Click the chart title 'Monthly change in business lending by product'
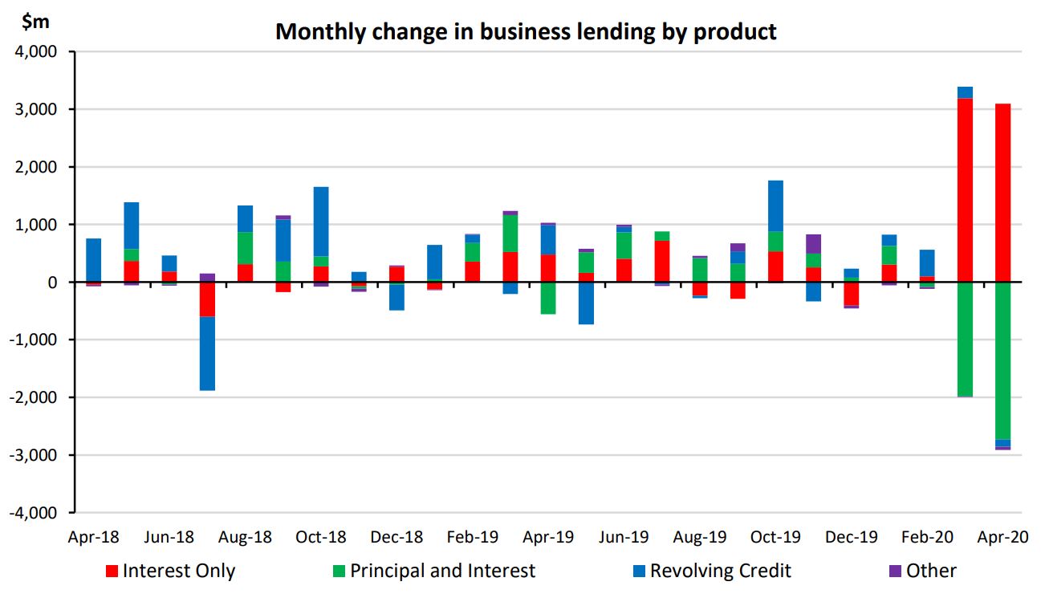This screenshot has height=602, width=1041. point(526,31)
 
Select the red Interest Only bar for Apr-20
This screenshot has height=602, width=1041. point(1002,193)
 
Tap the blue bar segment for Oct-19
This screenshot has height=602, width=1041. point(775,206)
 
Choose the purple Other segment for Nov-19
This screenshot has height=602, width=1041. point(813,244)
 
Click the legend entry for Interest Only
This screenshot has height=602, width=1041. point(170,571)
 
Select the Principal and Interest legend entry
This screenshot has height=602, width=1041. point(433,571)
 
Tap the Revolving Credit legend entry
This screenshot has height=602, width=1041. point(711,571)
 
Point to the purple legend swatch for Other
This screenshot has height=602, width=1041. point(896,571)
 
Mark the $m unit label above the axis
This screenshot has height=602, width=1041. point(35,22)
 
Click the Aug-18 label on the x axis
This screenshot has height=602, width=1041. point(245,537)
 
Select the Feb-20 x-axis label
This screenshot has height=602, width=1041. point(926,537)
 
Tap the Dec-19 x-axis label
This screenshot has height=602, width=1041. point(851,537)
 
